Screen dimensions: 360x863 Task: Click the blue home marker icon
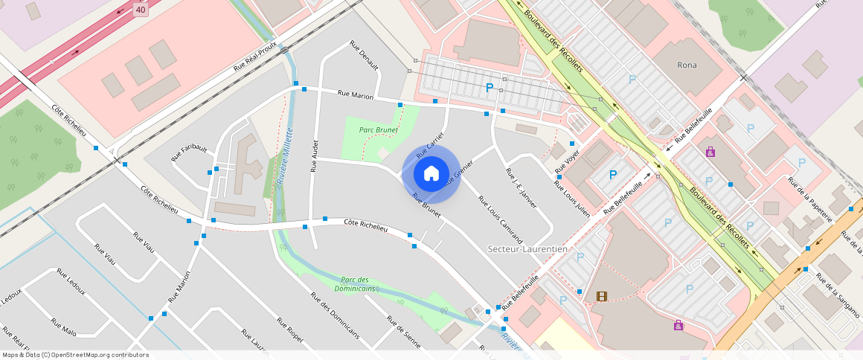[431, 174]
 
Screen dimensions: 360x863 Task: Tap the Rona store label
[687, 65]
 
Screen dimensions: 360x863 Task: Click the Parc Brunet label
[378, 129]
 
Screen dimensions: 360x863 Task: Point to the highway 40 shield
[141, 9]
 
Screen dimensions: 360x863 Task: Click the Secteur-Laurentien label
[527, 248]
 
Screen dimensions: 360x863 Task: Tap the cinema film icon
[601, 297]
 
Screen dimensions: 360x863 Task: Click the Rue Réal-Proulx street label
[254, 56]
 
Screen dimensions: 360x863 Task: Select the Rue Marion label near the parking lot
[355, 94]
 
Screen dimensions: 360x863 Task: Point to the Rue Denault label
[364, 56]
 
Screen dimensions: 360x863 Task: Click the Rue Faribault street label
[189, 152]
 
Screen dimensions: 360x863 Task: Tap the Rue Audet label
[315, 155]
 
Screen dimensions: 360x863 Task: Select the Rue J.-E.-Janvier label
[521, 186]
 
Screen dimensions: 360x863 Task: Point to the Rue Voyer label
[567, 163]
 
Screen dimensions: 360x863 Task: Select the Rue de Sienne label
[403, 332]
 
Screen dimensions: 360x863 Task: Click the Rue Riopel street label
[290, 330]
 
